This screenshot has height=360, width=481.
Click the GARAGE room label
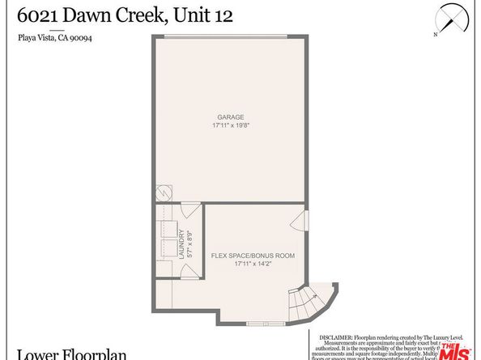point(230,116)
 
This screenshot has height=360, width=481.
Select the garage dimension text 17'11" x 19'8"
point(230,125)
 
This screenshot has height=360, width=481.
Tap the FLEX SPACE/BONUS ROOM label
point(253,255)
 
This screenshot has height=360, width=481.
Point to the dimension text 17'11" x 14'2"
point(253,264)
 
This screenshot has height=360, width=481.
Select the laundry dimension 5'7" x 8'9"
point(189,245)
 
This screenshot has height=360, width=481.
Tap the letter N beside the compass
point(435,35)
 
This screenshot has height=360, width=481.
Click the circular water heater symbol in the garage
point(163,195)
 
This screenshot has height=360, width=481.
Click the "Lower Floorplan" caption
point(54,353)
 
